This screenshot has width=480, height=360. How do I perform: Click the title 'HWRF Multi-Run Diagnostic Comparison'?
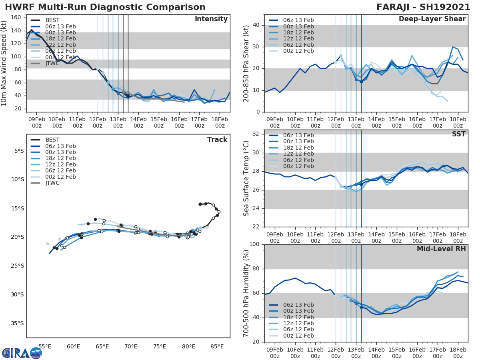pyautogui.click(x=105, y=7)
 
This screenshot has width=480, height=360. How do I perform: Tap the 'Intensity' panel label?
pyautogui.click(x=211, y=19)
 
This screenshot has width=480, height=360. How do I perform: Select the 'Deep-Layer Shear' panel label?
pyautogui.click(x=432, y=19)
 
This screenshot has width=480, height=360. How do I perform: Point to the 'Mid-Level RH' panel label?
pyautogui.click(x=441, y=249)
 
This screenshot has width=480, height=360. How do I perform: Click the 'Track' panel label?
pyautogui.click(x=217, y=140)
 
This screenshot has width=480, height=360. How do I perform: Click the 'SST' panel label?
pyautogui.click(x=458, y=134)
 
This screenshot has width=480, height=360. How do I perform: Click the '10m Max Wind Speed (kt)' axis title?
pyautogui.click(x=4, y=64)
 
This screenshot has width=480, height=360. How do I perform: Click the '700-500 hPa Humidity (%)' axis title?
pyautogui.click(x=246, y=293)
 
